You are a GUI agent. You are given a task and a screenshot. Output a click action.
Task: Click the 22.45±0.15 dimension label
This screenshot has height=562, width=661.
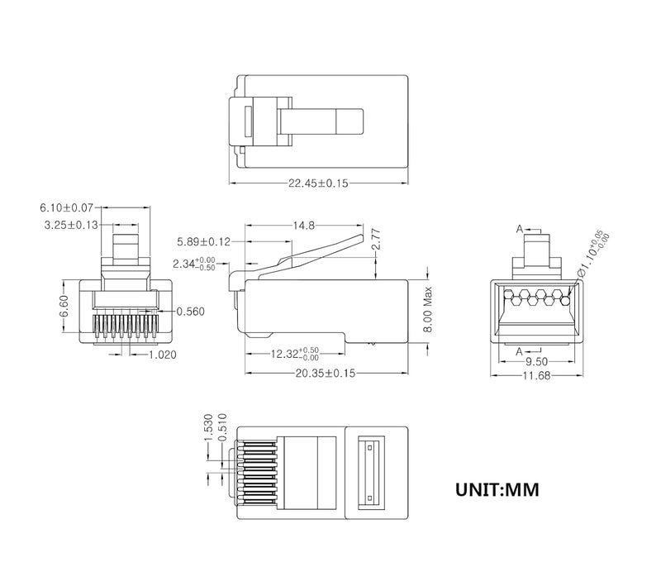(318, 183)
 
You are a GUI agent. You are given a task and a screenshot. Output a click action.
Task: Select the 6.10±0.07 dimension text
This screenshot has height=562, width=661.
(66, 207)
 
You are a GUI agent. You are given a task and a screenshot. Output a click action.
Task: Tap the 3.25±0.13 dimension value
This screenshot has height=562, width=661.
(71, 225)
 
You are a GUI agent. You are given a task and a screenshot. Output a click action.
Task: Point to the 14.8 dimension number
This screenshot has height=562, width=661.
(304, 226)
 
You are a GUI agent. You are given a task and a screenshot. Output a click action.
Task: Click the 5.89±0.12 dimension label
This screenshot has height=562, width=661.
(203, 241)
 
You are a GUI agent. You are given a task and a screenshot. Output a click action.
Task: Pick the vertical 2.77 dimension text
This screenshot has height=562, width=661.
(377, 239)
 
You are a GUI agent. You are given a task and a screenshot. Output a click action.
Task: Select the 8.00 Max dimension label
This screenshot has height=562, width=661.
(428, 309)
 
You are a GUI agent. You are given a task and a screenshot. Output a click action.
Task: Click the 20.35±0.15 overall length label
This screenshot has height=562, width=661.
(325, 373)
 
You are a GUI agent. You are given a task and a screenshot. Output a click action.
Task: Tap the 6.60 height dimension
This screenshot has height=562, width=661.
(64, 306)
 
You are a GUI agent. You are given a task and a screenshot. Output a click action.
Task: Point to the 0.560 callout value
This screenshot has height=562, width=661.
(190, 312)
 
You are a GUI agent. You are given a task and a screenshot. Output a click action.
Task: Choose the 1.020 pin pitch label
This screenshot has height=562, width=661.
(163, 355)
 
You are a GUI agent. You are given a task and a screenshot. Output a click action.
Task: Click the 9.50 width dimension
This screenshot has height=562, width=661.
(536, 361)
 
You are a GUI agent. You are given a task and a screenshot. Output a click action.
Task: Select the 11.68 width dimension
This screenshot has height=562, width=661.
(536, 375)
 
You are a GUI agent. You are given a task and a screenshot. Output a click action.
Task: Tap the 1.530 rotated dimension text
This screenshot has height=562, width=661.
(208, 427)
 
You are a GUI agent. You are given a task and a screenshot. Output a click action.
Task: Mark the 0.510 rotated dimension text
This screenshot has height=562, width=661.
(222, 427)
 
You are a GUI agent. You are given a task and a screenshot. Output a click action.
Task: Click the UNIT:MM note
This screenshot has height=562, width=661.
(497, 489)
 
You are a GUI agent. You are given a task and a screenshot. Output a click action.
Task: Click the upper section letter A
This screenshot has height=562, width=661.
(520, 229)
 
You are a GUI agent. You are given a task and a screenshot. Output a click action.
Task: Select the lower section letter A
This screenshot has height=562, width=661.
(520, 351)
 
